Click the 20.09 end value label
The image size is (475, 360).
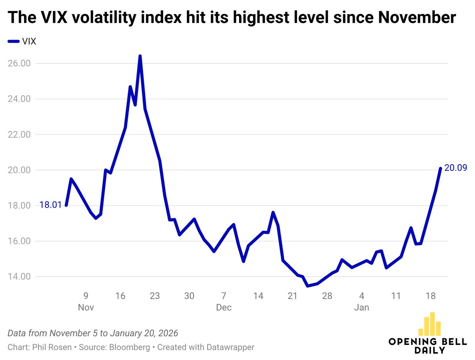[x=456, y=168]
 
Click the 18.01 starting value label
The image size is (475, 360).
[x=51, y=205]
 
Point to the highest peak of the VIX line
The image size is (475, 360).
[x=140, y=56]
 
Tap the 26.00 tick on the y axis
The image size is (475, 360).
[x=19, y=63]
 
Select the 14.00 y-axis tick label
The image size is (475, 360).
[x=19, y=277]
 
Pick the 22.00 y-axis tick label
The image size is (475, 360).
[x=19, y=135]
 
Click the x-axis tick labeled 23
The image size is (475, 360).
[x=155, y=296]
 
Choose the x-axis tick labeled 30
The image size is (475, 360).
[x=189, y=296]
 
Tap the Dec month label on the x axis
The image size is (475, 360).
[x=224, y=307]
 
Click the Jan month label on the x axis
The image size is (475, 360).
[x=362, y=307]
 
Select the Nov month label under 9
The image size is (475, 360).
[x=85, y=307]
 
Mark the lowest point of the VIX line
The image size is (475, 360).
[x=308, y=286]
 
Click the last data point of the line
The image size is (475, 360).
[x=440, y=169]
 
